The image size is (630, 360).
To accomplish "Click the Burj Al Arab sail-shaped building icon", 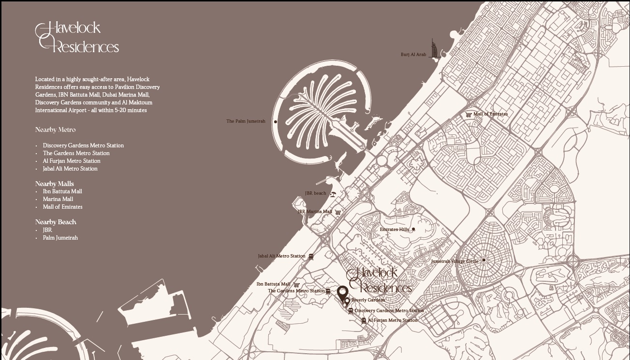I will [435, 50].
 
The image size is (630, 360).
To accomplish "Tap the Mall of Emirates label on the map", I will [490, 114].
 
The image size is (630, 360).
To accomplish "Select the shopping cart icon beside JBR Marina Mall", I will [338, 212].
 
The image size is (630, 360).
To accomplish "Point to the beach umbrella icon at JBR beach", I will [333, 194].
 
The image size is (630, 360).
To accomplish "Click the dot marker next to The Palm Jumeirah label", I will [276, 122].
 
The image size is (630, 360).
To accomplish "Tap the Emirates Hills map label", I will [394, 230].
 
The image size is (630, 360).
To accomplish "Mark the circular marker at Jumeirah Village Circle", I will [484, 260].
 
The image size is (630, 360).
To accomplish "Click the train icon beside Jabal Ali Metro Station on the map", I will [311, 257].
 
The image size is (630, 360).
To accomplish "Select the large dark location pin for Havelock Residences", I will [342, 292].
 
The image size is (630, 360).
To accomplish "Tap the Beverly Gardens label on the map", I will [368, 300].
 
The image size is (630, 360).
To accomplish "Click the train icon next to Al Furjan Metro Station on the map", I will [364, 320].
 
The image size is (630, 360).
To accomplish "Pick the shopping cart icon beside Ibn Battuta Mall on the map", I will [296, 285].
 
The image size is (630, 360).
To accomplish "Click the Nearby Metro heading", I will [55, 130].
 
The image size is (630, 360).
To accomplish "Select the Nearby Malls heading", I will [55, 184].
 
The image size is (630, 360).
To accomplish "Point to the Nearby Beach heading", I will [56, 222].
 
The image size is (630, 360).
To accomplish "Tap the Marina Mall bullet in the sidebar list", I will [58, 199].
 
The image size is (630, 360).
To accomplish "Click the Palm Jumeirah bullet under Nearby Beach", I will [60, 238].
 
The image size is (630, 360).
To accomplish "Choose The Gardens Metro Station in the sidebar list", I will [76, 153].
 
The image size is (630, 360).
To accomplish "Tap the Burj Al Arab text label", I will [413, 55].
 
